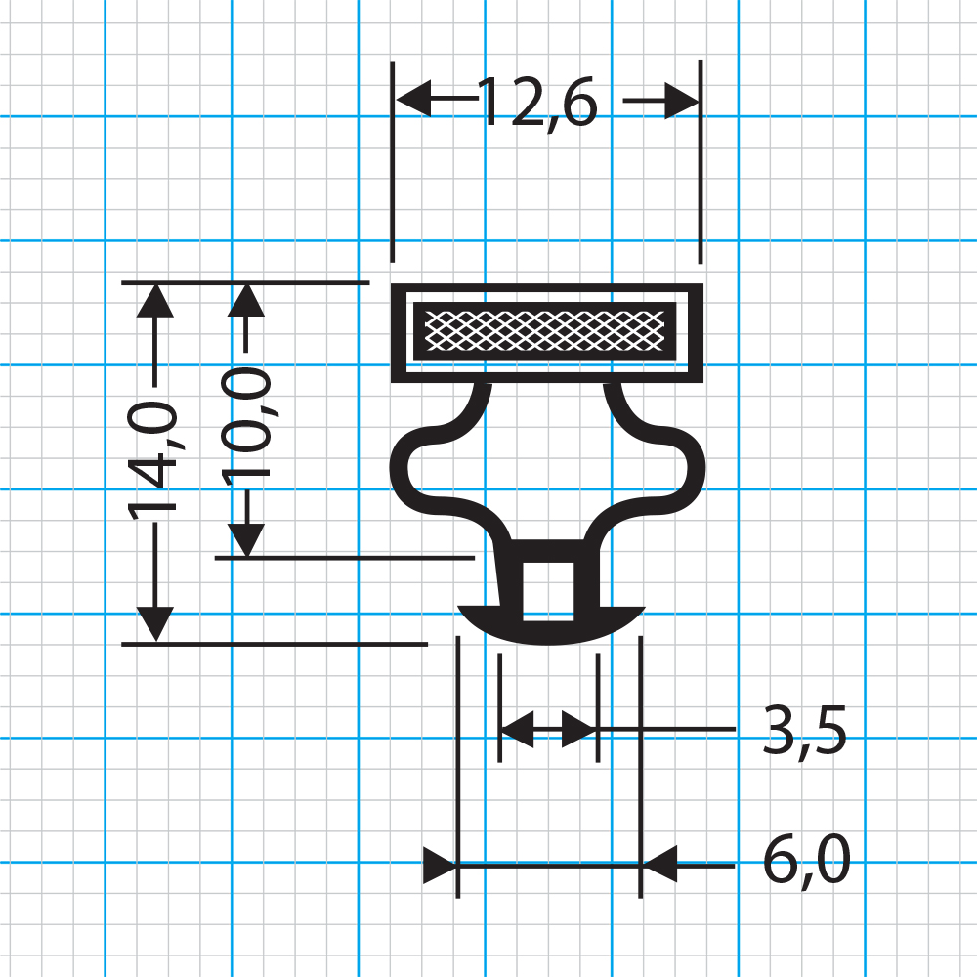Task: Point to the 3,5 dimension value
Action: tap(804, 731)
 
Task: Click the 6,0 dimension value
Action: tap(807, 861)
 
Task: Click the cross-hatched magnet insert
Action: tap(544, 331)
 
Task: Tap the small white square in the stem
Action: tap(548, 591)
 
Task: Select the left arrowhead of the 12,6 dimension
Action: tap(413, 99)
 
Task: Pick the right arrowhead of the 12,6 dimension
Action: tap(682, 100)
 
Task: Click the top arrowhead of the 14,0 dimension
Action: tap(154, 300)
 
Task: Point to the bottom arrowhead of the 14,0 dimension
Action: tap(154, 623)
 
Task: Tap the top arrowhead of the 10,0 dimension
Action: tap(246, 300)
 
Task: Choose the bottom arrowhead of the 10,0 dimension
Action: tap(246, 539)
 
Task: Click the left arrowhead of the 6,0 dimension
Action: tap(440, 865)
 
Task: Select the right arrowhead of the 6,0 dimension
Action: tap(659, 865)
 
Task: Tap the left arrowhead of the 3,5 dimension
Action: tap(518, 728)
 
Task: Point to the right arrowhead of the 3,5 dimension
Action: tap(578, 728)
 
